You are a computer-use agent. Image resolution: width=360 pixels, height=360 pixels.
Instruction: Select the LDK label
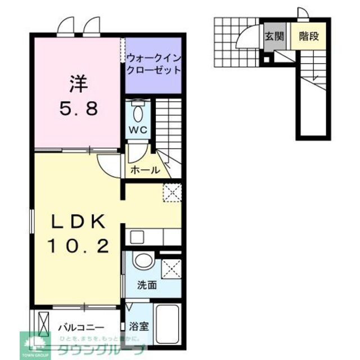(x=78, y=222)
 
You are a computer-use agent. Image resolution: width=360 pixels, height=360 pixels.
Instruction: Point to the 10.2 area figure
(x=78, y=245)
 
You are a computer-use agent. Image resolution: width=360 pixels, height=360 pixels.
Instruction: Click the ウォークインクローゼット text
(x=153, y=64)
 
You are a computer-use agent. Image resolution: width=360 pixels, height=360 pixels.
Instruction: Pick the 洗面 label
(x=147, y=285)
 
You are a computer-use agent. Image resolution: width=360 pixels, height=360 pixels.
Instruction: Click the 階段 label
(x=309, y=37)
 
